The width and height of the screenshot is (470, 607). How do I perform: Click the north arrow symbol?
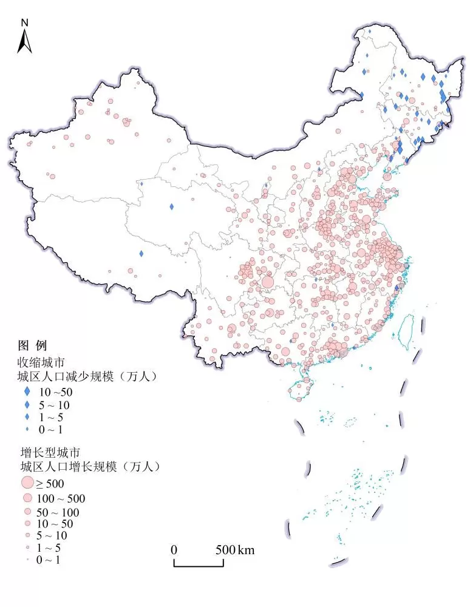(24, 41)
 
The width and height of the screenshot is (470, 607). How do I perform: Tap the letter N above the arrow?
(24, 22)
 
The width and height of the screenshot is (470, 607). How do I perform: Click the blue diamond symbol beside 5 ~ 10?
(27, 404)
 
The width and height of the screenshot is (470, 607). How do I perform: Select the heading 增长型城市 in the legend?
(46, 452)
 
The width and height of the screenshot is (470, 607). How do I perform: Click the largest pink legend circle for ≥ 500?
(27, 483)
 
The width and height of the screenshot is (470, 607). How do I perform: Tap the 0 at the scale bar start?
(174, 550)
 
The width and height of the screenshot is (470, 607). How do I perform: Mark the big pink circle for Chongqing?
(267, 282)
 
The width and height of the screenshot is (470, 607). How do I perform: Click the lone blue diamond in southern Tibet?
(141, 254)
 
